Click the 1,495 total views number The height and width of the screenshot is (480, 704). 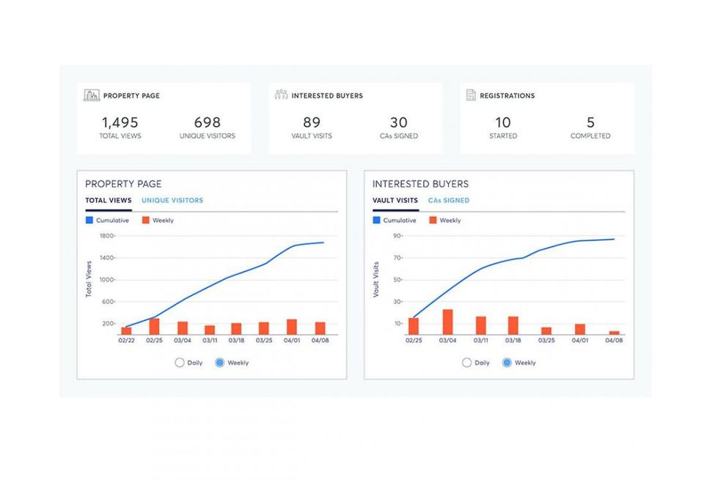(120, 122)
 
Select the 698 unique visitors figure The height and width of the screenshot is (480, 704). (207, 122)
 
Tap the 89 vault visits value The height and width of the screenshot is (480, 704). (312, 122)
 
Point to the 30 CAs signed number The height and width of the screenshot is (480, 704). (399, 122)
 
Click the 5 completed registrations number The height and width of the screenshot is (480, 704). (590, 122)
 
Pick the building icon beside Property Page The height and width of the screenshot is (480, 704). (92, 95)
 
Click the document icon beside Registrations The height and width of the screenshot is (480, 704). (471, 95)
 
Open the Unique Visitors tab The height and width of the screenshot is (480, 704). (172, 201)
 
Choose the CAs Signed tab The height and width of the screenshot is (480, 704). (449, 201)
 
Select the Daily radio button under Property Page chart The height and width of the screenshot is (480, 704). (180, 363)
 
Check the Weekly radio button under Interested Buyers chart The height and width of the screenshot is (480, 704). (507, 363)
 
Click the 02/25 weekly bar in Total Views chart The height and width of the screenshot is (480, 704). (154, 327)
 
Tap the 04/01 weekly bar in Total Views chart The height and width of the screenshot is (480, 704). (292, 327)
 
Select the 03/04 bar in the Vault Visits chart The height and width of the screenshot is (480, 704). (447, 322)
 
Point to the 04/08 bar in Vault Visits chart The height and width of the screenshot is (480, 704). (615, 333)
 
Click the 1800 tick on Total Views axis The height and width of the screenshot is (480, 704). (107, 236)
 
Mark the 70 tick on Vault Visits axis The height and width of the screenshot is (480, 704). (398, 258)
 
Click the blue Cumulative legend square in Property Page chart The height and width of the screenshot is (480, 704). (89, 221)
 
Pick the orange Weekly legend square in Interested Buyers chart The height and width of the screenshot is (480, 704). (433, 221)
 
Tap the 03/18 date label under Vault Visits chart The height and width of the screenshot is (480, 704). (513, 341)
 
